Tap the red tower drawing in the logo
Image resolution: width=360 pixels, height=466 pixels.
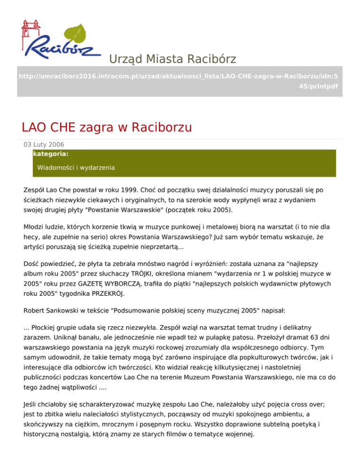tap(29, 33)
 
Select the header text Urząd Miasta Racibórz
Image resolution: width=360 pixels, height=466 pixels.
tap(172, 59)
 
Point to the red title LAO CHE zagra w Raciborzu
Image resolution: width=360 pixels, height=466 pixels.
tap(107, 127)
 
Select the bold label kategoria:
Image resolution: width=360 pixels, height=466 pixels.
tap(51, 153)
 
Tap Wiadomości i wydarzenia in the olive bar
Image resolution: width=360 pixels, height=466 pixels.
tap(76, 167)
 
